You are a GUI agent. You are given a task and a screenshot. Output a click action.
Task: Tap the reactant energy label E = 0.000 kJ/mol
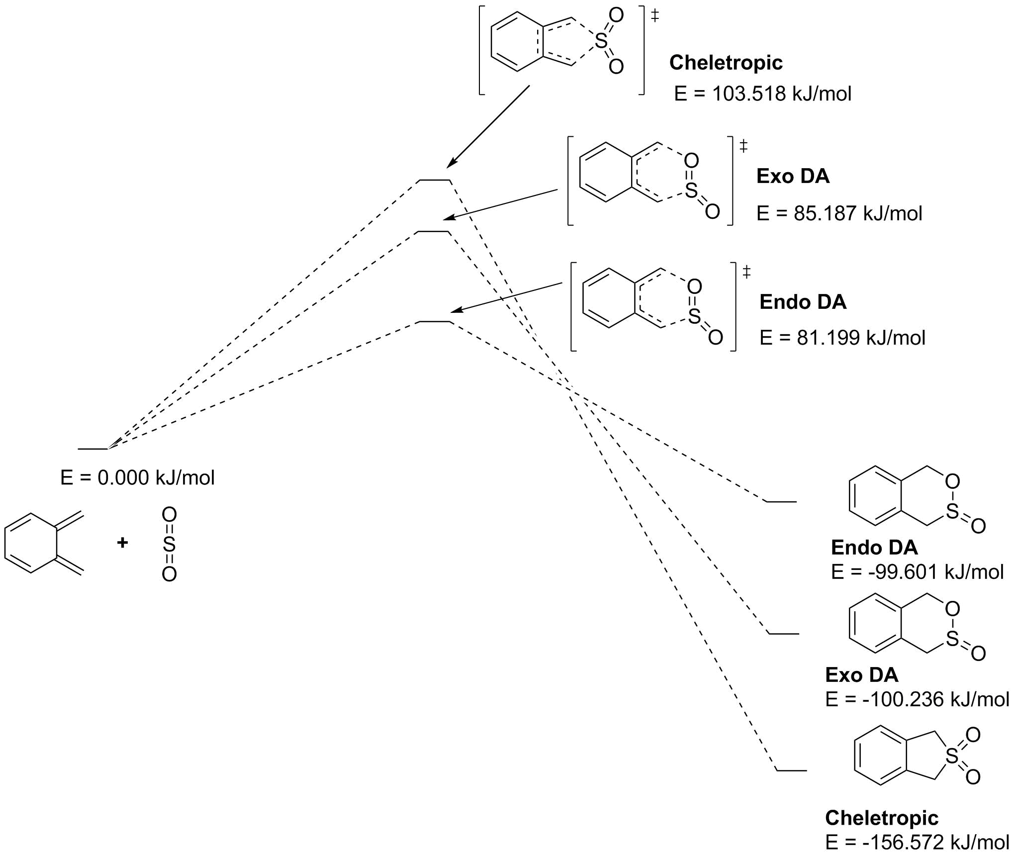tap(137, 478)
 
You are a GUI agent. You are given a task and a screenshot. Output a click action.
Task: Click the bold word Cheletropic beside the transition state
tap(726, 63)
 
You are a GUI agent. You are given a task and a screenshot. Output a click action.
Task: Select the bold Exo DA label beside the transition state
tap(793, 177)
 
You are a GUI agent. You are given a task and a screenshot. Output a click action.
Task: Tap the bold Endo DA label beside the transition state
tap(803, 302)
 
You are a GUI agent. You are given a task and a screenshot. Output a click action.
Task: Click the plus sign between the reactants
tap(122, 542)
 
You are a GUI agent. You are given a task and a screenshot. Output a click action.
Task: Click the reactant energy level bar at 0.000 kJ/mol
tap(93, 449)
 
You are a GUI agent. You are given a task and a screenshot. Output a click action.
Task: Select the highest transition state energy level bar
tap(434, 180)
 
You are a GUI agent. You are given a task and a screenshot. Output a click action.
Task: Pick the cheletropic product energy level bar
tap(791, 770)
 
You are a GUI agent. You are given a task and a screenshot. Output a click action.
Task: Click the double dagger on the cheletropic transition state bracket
tap(655, 16)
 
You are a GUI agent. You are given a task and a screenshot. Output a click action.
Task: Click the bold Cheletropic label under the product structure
tap(881, 818)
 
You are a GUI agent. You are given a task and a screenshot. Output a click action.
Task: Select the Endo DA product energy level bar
tap(781, 502)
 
